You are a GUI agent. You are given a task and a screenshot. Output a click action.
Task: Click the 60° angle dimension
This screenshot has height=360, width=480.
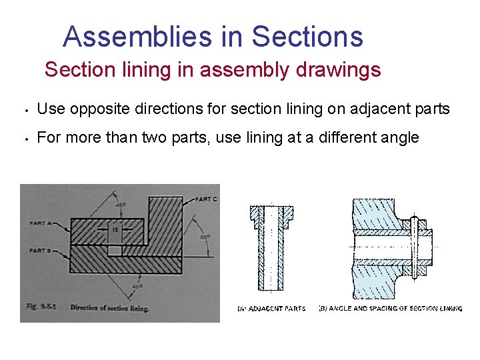pyautogui.click(x=205, y=237)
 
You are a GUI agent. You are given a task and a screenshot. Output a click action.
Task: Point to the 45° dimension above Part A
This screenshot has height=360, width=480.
pyautogui.click(x=121, y=205)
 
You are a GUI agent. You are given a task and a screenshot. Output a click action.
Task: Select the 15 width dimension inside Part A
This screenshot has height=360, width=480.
pyautogui.click(x=115, y=231)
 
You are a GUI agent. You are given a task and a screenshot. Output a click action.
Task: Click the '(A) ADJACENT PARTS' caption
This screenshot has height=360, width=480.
pyautogui.click(x=271, y=309)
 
